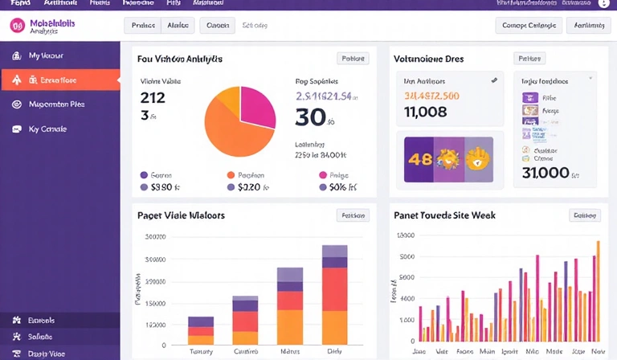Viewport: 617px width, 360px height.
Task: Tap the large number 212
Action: [153, 98]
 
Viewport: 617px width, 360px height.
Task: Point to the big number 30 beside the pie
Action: [310, 117]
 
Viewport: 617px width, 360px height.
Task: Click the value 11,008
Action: [425, 112]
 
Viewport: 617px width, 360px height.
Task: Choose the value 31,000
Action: [545, 172]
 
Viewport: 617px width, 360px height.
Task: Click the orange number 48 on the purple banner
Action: [420, 158]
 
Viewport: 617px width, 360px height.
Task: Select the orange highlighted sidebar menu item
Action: [60, 80]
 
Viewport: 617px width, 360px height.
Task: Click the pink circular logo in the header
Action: [17, 27]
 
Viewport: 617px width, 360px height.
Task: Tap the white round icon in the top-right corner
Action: [603, 4]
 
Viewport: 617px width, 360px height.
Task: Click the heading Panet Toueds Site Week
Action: [444, 215]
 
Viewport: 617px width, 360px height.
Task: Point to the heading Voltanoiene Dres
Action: [428, 59]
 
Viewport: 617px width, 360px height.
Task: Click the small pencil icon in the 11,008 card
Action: [493, 80]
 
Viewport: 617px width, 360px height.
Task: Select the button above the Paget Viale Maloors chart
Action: [353, 215]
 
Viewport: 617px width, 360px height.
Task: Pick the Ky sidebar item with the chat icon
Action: [47, 129]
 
